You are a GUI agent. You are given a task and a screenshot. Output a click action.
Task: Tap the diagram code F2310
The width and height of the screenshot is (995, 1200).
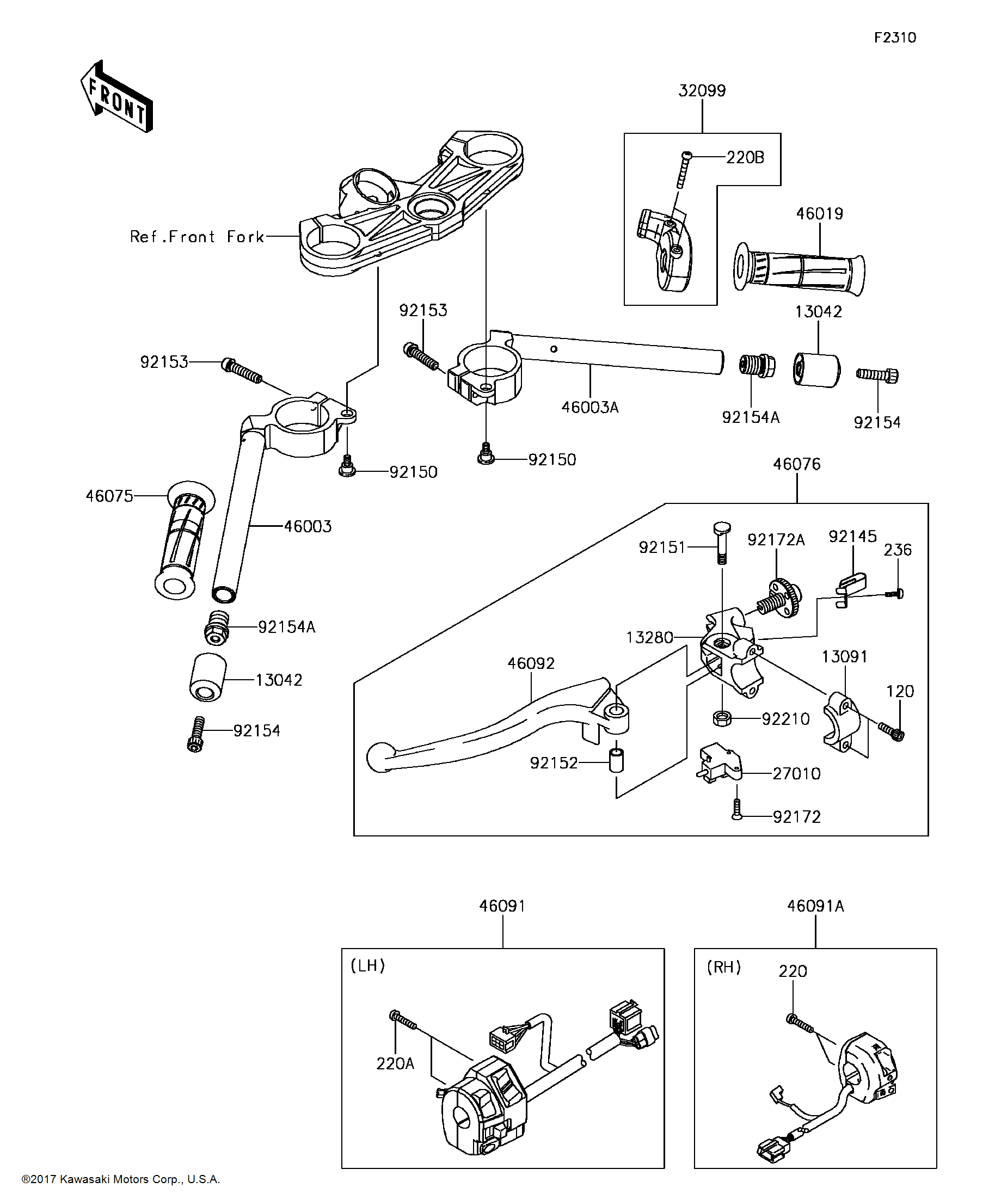click(x=894, y=38)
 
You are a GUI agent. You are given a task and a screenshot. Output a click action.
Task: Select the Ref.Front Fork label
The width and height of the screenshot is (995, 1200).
click(x=196, y=237)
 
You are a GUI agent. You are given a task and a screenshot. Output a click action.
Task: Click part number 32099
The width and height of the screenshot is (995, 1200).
click(x=702, y=91)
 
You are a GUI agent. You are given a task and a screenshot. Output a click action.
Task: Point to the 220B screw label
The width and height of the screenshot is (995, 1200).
click(x=745, y=158)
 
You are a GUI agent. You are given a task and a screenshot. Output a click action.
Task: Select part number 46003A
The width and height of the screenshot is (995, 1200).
click(x=590, y=408)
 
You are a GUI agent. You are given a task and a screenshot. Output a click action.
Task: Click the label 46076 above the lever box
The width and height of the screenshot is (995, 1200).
click(x=796, y=464)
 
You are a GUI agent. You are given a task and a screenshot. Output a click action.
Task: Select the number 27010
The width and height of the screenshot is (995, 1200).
click(x=796, y=774)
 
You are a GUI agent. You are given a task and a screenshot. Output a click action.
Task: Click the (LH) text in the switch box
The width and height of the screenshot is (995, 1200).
click(x=367, y=965)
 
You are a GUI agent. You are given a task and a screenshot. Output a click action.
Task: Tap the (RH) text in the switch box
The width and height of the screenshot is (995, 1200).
click(x=723, y=967)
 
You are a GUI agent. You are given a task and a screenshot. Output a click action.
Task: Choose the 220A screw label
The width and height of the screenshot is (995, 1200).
click(x=395, y=1063)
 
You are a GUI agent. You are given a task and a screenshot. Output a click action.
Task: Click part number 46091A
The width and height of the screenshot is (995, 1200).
click(x=815, y=906)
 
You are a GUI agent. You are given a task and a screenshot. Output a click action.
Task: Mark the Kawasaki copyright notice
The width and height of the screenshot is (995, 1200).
click(x=121, y=1179)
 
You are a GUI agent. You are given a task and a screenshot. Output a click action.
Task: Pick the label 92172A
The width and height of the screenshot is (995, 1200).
click(x=776, y=540)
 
